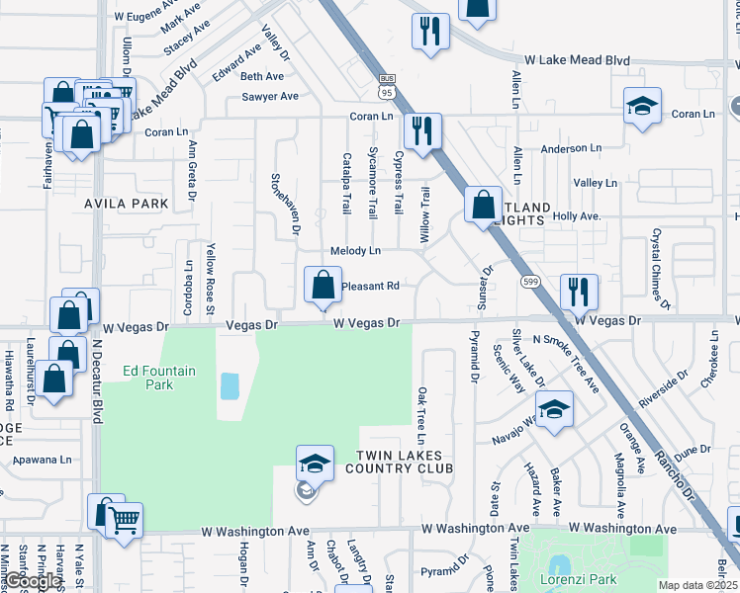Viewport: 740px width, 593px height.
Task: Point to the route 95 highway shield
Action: (386, 87)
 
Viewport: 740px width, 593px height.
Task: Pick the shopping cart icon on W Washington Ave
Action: (124, 520)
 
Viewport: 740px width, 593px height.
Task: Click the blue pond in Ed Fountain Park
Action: (230, 385)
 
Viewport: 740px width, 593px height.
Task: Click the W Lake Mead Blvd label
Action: (577, 60)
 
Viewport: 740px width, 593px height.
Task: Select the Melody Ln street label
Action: (355, 251)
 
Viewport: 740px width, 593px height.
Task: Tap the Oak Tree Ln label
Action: (421, 415)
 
